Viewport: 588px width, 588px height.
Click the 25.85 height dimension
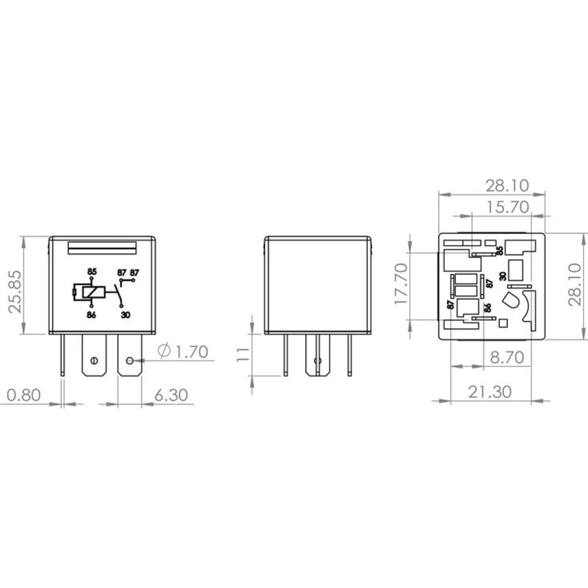[15, 292]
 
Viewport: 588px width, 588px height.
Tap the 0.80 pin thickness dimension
[24, 395]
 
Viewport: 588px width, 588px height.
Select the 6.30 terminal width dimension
[171, 395]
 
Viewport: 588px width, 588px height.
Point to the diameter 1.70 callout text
[183, 352]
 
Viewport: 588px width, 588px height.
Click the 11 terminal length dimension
[243, 355]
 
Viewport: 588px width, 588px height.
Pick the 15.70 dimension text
[507, 207]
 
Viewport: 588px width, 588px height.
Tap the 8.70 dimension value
[507, 358]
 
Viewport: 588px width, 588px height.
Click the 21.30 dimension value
[490, 392]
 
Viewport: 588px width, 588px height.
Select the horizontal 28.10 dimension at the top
[507, 186]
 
